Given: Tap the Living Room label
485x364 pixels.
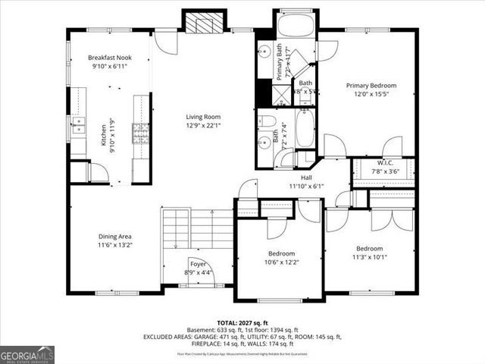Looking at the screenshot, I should click(x=203, y=117).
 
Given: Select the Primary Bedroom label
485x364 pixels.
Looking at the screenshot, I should click(x=372, y=86).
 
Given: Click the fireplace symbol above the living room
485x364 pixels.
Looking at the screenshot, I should click(x=205, y=23).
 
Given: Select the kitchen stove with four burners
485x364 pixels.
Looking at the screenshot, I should click(x=141, y=133).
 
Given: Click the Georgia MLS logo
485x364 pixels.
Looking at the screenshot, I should click(x=27, y=354).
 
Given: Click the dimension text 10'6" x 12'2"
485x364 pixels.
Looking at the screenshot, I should click(x=281, y=262).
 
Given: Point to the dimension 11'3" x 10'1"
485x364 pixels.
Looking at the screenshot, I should click(x=370, y=257).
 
